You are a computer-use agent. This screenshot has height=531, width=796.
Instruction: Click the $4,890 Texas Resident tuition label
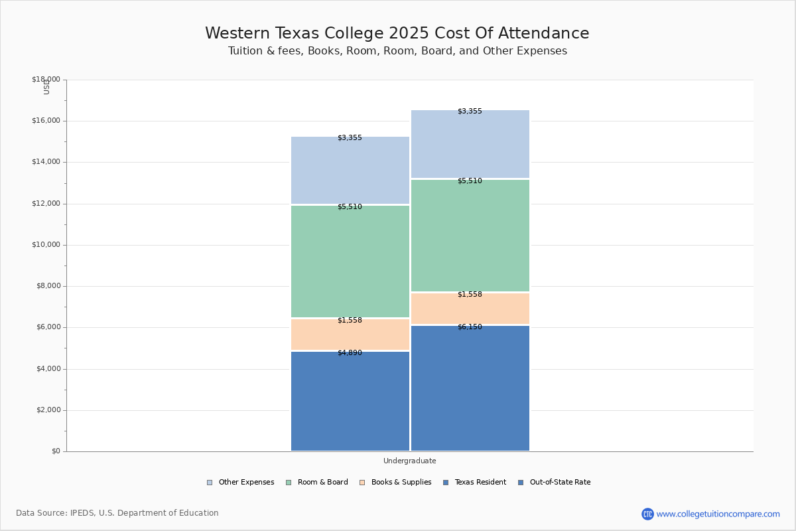(x=350, y=353)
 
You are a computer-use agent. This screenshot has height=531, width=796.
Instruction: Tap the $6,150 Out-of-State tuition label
(x=470, y=327)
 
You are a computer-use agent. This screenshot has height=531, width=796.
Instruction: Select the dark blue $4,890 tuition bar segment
(x=350, y=401)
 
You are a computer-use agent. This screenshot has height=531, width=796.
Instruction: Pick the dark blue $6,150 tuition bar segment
(x=470, y=388)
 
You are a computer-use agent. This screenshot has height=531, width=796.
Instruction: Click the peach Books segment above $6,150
(x=470, y=309)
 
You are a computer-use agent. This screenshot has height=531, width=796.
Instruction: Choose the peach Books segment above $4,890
(x=350, y=335)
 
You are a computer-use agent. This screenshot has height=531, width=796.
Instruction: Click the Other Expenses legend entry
(x=241, y=483)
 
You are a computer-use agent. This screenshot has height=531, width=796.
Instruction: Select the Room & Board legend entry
(x=317, y=483)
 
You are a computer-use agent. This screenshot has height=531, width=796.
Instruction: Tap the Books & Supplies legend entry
(x=395, y=483)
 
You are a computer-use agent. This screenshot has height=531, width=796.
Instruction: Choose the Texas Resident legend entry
(x=475, y=483)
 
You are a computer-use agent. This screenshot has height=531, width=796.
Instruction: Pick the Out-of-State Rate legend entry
(x=555, y=483)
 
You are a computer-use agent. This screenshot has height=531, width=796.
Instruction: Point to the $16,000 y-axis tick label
(x=46, y=121)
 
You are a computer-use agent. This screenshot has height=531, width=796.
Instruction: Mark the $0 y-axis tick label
(x=56, y=451)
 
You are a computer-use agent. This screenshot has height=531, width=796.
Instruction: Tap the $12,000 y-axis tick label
(x=46, y=203)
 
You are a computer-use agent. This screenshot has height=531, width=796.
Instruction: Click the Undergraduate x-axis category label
(x=409, y=461)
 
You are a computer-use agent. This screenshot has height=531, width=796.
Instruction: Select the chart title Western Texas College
(x=397, y=33)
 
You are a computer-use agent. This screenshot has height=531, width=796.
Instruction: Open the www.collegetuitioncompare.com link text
(x=718, y=514)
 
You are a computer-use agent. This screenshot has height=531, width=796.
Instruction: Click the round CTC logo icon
(x=647, y=514)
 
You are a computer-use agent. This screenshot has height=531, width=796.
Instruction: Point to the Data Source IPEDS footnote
(x=117, y=513)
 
